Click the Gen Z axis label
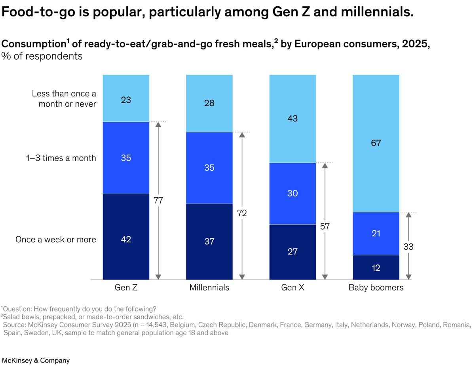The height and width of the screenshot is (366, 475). tap(126, 288)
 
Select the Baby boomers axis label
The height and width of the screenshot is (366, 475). tap(376, 288)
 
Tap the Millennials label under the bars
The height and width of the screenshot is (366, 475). tap(209, 288)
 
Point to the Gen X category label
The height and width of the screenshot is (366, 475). tap(293, 288)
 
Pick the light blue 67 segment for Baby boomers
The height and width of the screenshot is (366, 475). tap(376, 143)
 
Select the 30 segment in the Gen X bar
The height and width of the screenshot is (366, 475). tap(293, 193)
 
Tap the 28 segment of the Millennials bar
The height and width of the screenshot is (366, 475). tap(209, 103)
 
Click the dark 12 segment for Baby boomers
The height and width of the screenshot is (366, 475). tap(376, 268)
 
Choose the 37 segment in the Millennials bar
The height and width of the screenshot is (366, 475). tap(209, 241)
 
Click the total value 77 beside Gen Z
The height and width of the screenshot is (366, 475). tap(158, 200)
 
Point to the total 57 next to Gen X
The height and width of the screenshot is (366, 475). tap(325, 226)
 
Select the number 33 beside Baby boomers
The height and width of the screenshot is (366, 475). tap(409, 247)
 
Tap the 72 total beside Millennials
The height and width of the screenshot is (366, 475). tap(242, 213)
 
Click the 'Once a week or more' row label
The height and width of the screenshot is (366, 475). tap(56, 240)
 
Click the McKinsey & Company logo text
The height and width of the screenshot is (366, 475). tap(36, 360)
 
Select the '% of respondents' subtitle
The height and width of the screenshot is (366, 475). tap(42, 56)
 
